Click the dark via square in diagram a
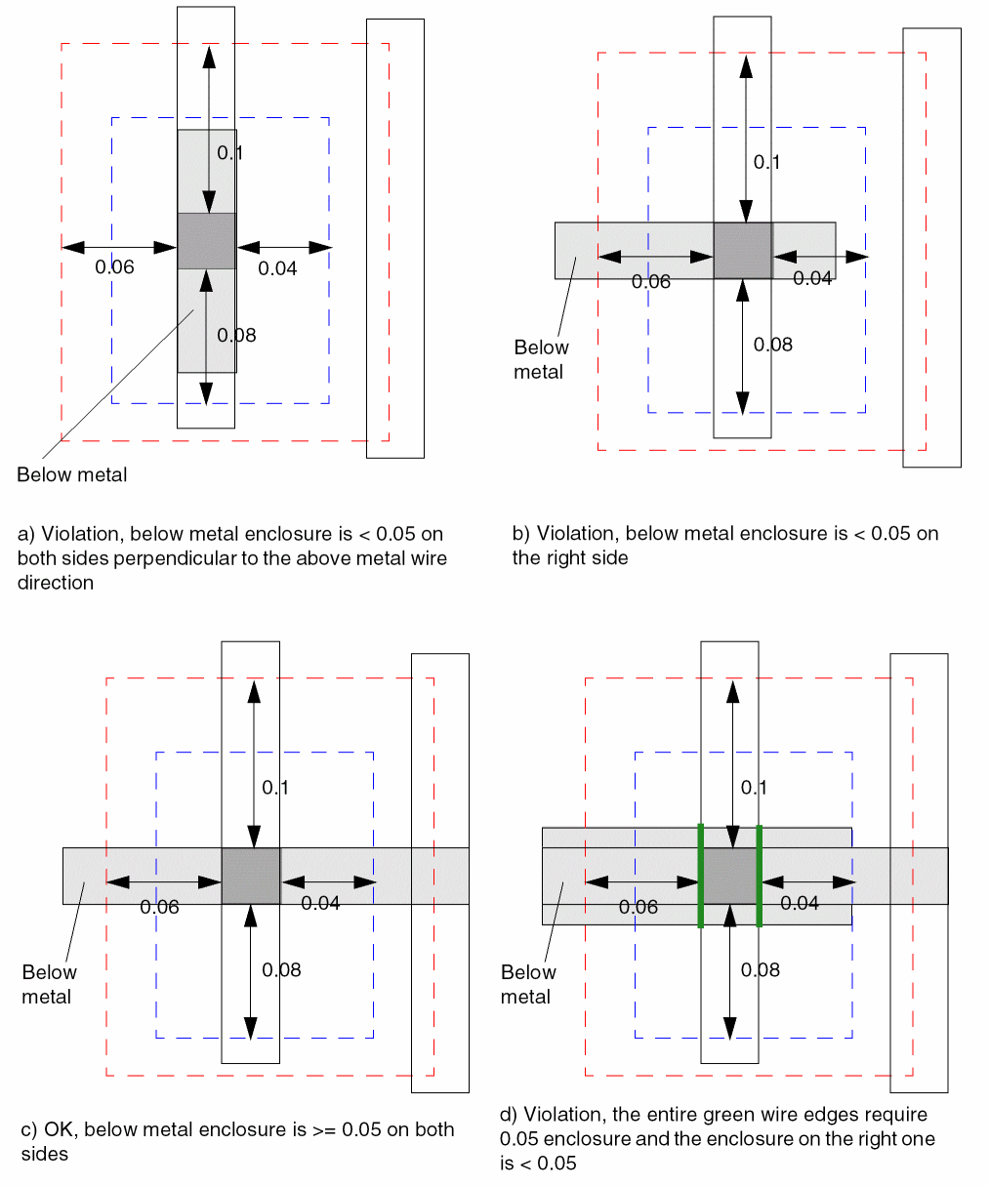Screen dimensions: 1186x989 pos(206,240)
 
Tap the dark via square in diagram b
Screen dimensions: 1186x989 pos(743,251)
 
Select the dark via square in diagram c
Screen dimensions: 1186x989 pos(251,876)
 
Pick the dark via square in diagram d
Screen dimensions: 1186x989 pos(730,876)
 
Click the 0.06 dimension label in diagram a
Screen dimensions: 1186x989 pos(114,267)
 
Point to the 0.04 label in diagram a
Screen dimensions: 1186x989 pos(277,268)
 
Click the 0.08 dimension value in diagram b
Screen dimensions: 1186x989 pos(773,345)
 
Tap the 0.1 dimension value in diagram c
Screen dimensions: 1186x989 pos(275,788)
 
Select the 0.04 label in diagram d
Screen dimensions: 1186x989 pos(800,904)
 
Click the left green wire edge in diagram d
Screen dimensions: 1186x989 pos(701,876)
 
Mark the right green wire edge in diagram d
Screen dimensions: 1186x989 pos(759,876)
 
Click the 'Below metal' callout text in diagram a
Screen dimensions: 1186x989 pos(72,475)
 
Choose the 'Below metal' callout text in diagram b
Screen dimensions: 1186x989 pos(541,359)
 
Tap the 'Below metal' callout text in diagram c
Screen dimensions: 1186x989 pos(49,984)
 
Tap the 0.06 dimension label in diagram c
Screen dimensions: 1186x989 pos(159,908)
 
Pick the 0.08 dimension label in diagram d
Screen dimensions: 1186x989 pos(760,970)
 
